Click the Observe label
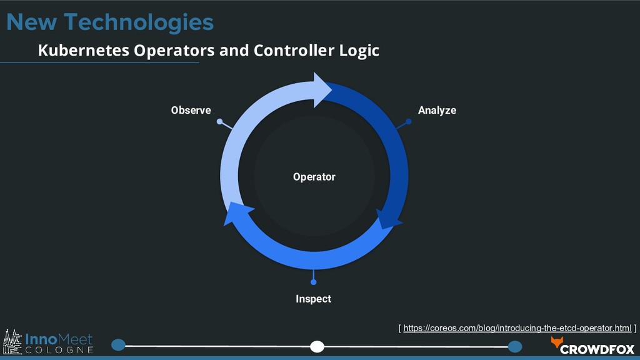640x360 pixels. [191, 111]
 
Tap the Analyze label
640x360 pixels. [437, 111]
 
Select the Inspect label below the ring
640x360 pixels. [313, 299]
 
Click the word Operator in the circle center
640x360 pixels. [314, 177]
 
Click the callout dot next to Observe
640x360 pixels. [219, 122]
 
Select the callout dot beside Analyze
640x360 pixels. [409, 122]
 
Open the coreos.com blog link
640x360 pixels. [517, 328]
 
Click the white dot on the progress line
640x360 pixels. [317, 346]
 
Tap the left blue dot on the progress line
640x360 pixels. [118, 344]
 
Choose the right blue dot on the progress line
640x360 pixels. [515, 346]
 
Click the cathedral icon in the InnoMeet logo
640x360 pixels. [12, 343]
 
